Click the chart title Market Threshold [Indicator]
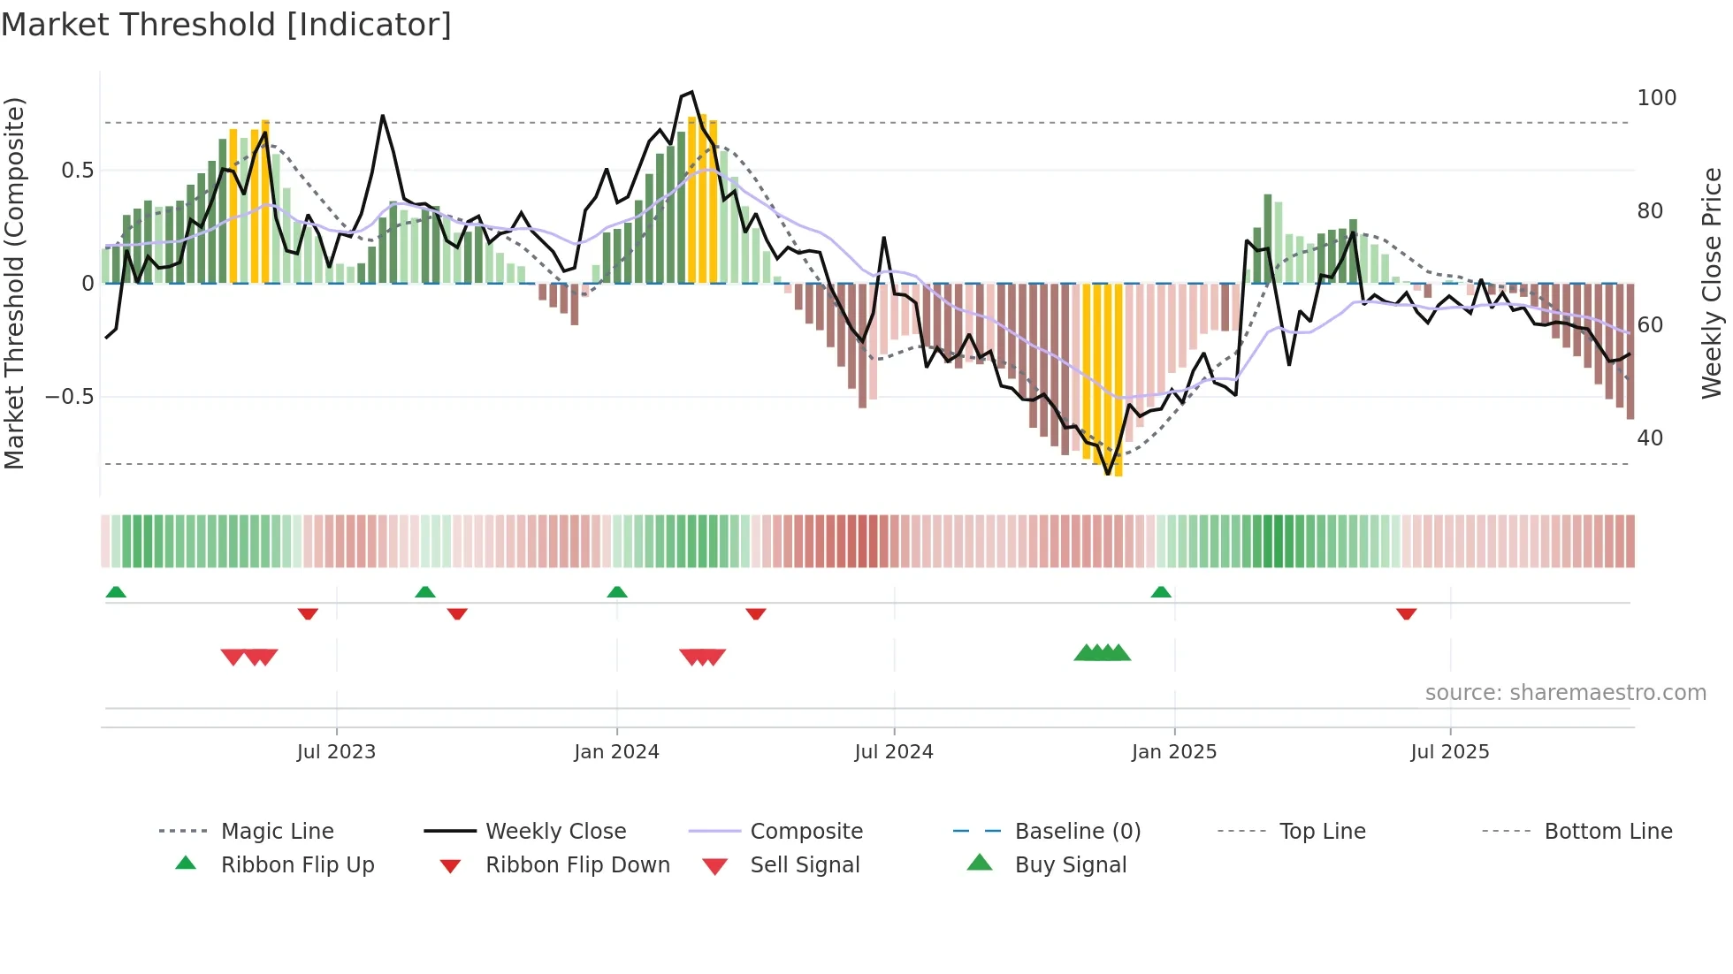[226, 25]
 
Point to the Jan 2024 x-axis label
[616, 751]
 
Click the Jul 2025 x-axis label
[1449, 751]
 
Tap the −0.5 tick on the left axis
[70, 397]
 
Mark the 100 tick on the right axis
[1656, 97]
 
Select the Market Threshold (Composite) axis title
[14, 283]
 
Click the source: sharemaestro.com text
[1565, 692]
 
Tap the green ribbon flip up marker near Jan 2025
[1161, 592]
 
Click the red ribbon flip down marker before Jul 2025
[1406, 613]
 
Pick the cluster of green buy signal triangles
[1102, 653]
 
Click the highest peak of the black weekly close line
[692, 92]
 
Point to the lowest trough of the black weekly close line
[1108, 475]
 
